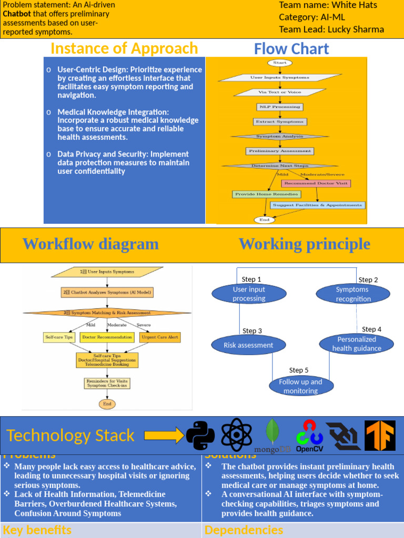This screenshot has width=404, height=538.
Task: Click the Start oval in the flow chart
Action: pyautogui.click(x=280, y=63)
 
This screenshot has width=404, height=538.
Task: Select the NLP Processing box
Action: pyautogui.click(x=279, y=107)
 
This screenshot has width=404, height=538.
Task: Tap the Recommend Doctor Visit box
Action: pyautogui.click(x=316, y=183)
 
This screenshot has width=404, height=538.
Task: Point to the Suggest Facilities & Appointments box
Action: pyautogui.click(x=317, y=205)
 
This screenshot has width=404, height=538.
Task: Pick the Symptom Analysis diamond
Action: pyautogui.click(x=279, y=137)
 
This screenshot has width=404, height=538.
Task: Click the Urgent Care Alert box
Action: pyautogui.click(x=158, y=337)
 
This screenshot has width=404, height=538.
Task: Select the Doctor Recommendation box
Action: pyautogui.click(x=107, y=337)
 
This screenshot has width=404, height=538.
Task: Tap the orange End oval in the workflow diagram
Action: pyautogui.click(x=107, y=404)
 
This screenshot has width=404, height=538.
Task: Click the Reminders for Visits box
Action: pyautogui.click(x=107, y=384)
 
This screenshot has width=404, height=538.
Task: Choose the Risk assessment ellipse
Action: pyautogui.click(x=248, y=345)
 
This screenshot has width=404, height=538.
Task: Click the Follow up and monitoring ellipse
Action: pyautogui.click(x=301, y=386)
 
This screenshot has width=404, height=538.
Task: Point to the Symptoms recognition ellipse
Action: pyautogui.click(x=353, y=294)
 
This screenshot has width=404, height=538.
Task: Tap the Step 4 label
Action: pyautogui.click(x=371, y=329)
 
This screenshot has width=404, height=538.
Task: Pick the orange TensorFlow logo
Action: pyautogui.click(x=380, y=436)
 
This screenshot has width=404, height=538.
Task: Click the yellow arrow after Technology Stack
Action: pyautogui.click(x=164, y=436)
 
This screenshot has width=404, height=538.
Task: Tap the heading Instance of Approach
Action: pyautogui.click(x=124, y=48)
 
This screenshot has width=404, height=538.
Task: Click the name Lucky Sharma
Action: pyautogui.click(x=356, y=29)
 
